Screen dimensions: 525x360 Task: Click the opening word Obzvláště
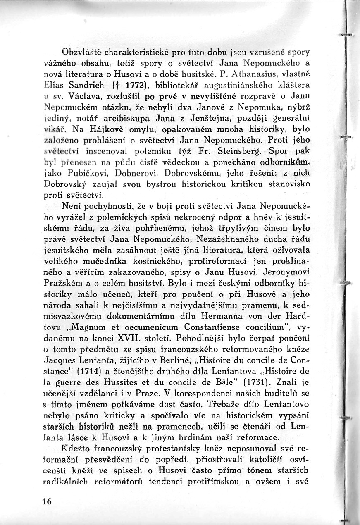81,53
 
